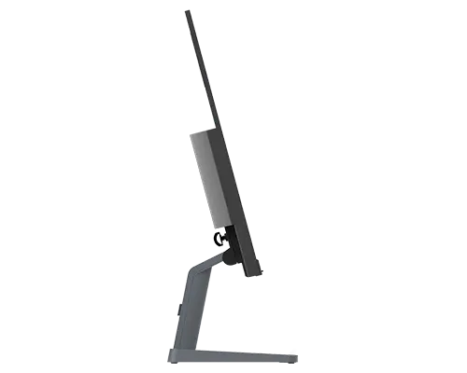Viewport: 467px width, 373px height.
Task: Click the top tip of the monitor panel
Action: (x=188, y=10)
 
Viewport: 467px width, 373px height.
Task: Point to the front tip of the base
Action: (x=295, y=352)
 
